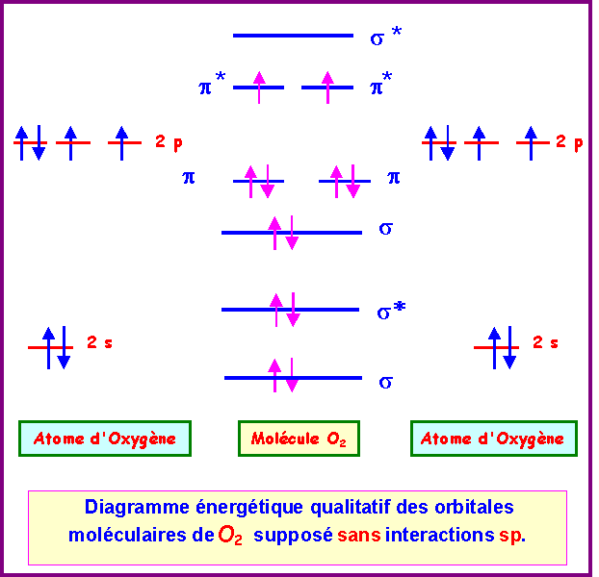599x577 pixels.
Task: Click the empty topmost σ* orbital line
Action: (293, 36)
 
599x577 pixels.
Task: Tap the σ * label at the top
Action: (385, 38)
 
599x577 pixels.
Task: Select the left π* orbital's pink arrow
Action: (259, 87)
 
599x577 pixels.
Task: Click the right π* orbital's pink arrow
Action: (327, 87)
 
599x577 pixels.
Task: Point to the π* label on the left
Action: (212, 88)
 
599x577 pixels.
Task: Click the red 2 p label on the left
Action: (169, 142)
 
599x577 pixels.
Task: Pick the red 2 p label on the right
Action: (569, 142)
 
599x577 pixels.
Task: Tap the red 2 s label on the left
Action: (100, 342)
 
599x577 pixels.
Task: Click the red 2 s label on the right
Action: (545, 342)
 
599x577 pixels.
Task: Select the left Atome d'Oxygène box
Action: (105, 439)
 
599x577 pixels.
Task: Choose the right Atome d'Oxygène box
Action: (493, 439)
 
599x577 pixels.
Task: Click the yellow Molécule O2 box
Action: (299, 439)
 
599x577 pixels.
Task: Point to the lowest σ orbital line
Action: (293, 378)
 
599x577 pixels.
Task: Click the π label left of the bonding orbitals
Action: (189, 178)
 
